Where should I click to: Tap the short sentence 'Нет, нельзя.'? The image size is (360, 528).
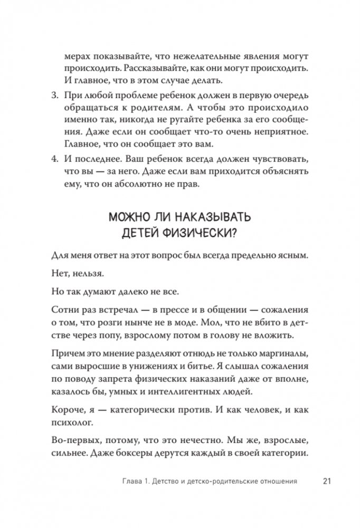point(74,275)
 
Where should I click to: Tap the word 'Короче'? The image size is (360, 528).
point(67,409)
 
